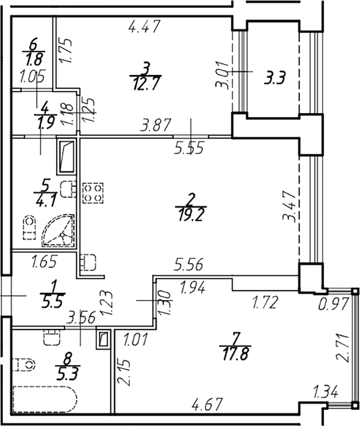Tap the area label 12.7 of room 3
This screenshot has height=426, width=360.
[x=146, y=84]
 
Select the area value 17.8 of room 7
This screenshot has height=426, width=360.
[x=236, y=354]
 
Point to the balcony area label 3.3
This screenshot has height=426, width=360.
[x=275, y=79]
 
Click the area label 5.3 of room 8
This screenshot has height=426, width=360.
[x=67, y=374]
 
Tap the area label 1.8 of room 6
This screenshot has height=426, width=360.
[x=34, y=60]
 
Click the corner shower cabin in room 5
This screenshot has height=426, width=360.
[x=58, y=231]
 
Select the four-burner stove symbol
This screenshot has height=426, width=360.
[x=93, y=193]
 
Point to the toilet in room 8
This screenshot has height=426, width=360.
[x=24, y=364]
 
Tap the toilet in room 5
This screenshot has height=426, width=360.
[x=29, y=227]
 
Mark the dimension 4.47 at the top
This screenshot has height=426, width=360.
[x=145, y=27]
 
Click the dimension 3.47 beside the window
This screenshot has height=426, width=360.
[x=289, y=206]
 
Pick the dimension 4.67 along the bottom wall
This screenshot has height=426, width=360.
[x=207, y=404]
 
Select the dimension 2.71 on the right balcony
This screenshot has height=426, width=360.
[x=342, y=347]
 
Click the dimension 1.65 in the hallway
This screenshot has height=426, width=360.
[x=44, y=262]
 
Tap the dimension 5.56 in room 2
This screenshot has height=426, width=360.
[x=188, y=264]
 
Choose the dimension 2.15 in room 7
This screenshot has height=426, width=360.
[x=124, y=372]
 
